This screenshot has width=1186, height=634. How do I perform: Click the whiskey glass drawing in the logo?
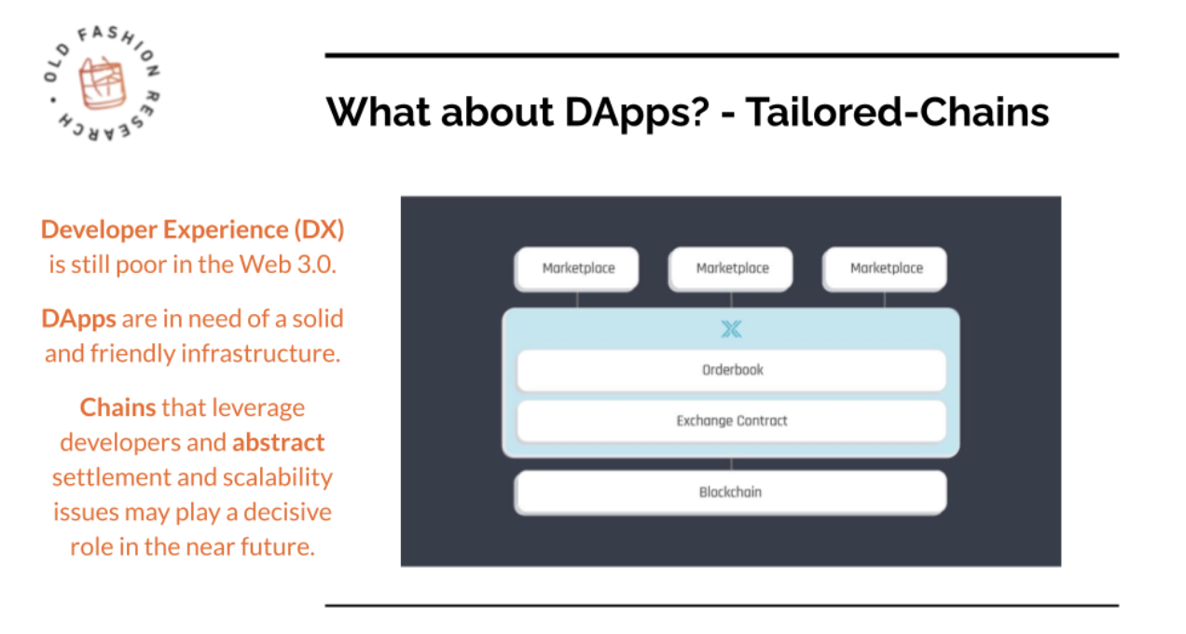click(x=102, y=83)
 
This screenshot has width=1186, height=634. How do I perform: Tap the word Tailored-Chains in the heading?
click(x=898, y=112)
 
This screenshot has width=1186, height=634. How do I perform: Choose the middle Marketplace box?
click(x=731, y=269)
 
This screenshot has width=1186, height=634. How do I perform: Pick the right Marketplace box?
click(x=885, y=269)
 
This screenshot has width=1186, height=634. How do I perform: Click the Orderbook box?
click(x=732, y=370)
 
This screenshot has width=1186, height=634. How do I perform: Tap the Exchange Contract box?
click(x=732, y=421)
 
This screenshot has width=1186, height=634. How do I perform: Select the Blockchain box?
click(x=731, y=492)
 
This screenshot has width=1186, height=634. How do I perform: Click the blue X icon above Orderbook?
click(x=732, y=329)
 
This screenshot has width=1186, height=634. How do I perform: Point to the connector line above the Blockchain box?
click(x=731, y=464)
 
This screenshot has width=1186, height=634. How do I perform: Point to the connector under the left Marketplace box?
click(x=577, y=300)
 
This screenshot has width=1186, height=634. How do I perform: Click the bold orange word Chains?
click(x=117, y=407)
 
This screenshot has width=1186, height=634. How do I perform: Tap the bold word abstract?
click(x=278, y=443)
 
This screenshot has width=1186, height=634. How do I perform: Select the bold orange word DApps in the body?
click(x=79, y=320)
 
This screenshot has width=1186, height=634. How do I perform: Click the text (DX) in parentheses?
click(x=319, y=230)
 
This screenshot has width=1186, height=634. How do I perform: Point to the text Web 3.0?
click(x=287, y=265)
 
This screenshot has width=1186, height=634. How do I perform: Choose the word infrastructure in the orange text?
click(x=260, y=353)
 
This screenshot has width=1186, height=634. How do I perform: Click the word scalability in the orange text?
click(x=278, y=478)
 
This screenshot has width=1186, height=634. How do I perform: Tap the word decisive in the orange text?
click(x=287, y=513)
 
